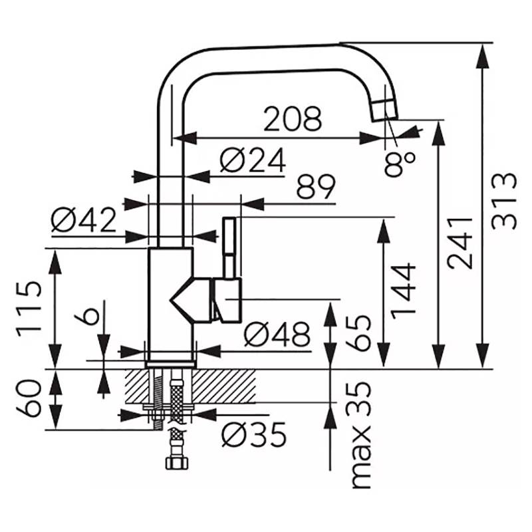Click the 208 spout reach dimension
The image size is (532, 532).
[x=293, y=118]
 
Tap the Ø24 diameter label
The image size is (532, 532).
[x=253, y=161]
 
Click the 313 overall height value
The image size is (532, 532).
[x=504, y=201]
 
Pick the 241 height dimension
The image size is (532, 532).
[x=460, y=243]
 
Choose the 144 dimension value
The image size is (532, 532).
[x=404, y=291]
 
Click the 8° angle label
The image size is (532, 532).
[x=400, y=164]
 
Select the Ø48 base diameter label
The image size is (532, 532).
[x=277, y=334]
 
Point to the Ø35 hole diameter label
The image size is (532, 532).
[x=254, y=435]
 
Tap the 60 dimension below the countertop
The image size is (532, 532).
[x=29, y=398]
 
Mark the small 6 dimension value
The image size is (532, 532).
[x=87, y=313]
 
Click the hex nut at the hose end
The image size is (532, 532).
[x=177, y=463]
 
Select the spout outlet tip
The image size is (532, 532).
[x=385, y=110]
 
